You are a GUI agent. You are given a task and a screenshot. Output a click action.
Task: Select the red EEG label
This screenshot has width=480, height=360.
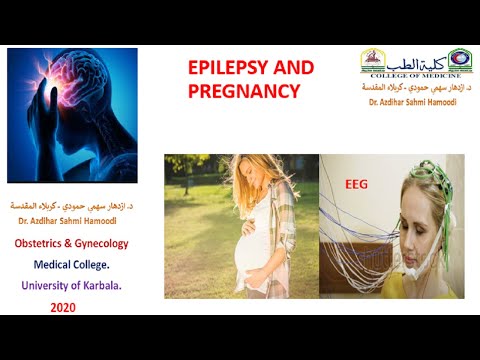coord(356,184)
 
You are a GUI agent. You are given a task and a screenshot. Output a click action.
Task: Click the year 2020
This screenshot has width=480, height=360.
coord(63,308)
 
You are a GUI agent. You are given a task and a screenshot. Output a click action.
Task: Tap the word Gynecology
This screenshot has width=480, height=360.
coord(103,243)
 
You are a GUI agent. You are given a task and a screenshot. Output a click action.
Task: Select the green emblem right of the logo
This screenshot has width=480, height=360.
coord(460,59)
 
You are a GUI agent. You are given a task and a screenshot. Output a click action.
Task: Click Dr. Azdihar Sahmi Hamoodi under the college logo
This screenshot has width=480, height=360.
coord(412,103)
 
